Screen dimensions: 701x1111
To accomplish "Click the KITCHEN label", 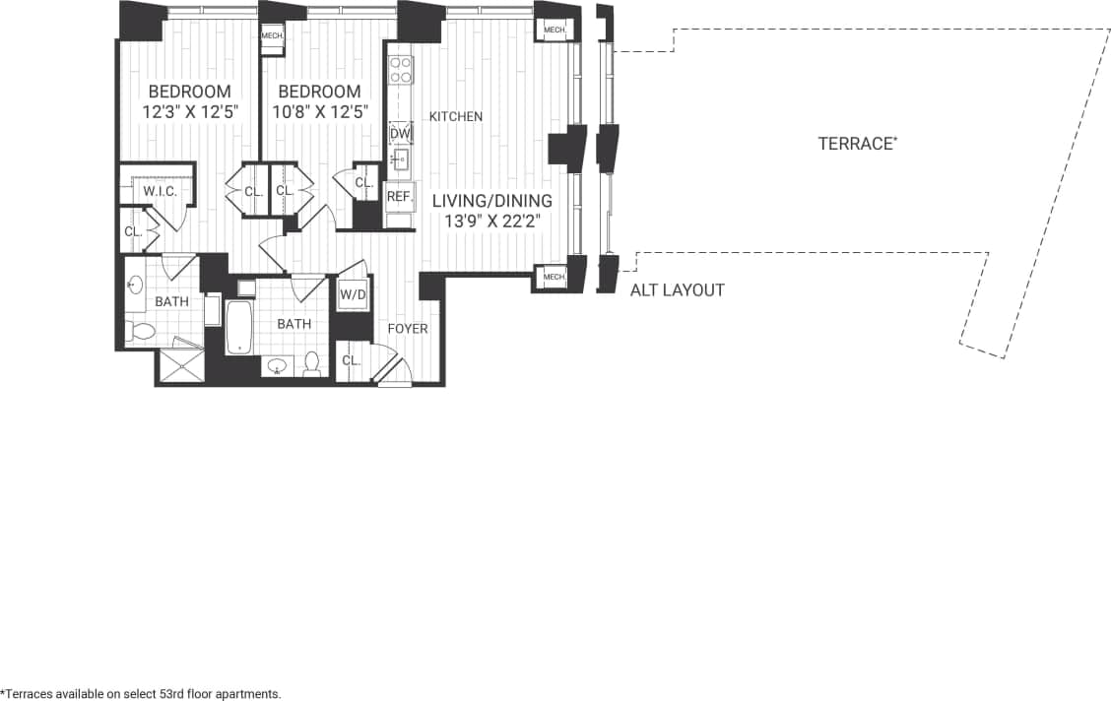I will coord(455,116).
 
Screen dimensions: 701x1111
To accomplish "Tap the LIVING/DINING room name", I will coord(491,201).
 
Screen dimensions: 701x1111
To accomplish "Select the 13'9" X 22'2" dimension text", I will coord(491,223).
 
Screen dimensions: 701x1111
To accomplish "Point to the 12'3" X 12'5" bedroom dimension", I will coord(191,112).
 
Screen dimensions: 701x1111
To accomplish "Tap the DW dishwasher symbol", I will coord(400,134).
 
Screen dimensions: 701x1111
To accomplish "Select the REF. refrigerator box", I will coord(398,197).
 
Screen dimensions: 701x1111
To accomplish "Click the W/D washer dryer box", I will coord(353,294).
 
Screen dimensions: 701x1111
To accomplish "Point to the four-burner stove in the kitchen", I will coord(400,70).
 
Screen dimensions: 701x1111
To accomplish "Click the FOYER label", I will coord(407,328).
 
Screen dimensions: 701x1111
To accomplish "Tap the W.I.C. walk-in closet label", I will coord(160,191).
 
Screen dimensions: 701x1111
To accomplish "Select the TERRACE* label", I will coord(857,144).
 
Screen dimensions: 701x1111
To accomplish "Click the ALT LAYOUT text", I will coord(677,290).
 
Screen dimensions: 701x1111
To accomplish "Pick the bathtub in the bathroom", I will coord(239,328).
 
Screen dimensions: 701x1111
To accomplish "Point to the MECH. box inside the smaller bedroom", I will coord(272,36).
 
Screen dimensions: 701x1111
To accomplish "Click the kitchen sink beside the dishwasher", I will coord(400,159).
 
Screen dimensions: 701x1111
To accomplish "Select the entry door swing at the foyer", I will coord(392,371).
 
